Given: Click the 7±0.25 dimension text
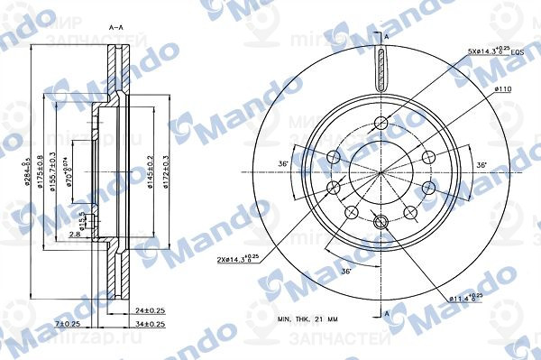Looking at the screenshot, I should click(x=68, y=324).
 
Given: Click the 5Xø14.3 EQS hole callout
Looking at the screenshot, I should click(x=494, y=52).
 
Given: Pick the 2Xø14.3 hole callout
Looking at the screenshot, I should click(x=239, y=261).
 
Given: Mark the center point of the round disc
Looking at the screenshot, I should click(x=380, y=172).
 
